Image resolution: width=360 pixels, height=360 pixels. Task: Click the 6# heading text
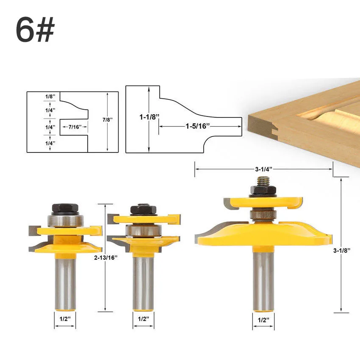click(35, 29)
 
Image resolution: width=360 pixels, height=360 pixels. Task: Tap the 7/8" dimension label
click(108, 119)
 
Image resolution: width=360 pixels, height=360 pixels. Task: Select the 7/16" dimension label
click(75, 127)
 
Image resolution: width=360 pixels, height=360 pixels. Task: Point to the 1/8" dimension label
click(50, 97)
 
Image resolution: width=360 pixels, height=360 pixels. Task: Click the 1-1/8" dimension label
click(149, 117)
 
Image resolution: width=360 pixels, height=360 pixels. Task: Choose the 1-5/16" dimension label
click(198, 126)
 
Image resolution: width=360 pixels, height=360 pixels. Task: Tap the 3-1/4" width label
click(263, 169)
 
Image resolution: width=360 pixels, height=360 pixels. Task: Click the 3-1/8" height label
click(342, 250)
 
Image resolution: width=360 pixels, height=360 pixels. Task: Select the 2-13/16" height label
click(106, 258)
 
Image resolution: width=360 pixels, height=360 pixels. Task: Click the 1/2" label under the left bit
click(65, 319)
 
